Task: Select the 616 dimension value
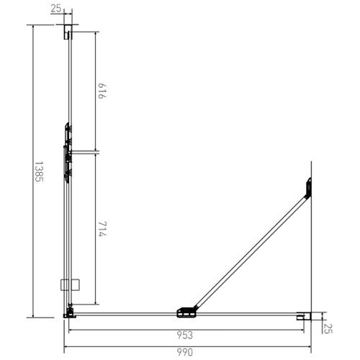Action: (100, 91)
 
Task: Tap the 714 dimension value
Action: (100, 234)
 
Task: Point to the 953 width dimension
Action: (185, 335)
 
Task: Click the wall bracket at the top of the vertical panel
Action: (69, 32)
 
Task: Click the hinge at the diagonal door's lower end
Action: (187, 312)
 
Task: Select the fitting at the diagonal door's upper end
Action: (307, 187)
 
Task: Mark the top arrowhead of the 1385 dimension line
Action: (34, 26)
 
